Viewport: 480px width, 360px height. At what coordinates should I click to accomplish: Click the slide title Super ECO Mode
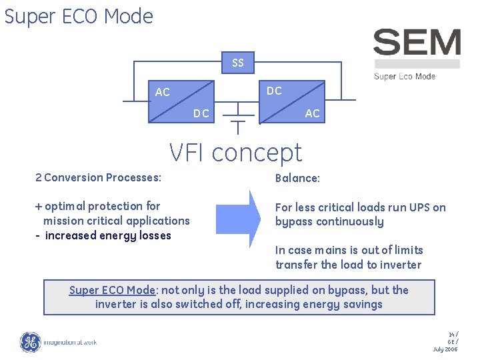tap(79, 16)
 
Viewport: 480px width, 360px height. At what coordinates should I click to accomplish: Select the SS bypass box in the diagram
tap(238, 63)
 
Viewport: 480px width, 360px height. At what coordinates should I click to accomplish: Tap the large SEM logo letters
tap(417, 43)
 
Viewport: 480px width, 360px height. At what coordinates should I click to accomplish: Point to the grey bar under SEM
tap(417, 64)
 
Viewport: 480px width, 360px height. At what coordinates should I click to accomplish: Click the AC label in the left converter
tap(163, 93)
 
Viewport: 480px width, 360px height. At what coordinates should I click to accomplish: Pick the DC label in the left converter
tap(201, 113)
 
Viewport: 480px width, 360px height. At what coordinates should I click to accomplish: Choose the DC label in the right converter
tap(274, 91)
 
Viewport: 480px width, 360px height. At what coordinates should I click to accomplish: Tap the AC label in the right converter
tap(312, 113)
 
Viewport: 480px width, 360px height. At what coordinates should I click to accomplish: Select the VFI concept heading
tap(235, 153)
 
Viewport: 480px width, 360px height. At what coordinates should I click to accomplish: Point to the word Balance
tap(297, 179)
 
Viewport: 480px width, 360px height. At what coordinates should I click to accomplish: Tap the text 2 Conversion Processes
tap(98, 177)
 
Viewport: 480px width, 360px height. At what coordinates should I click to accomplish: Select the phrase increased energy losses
tap(108, 235)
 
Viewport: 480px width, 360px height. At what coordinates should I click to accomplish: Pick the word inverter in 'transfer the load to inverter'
tap(400, 265)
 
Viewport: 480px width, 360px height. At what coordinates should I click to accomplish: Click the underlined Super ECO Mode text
tap(112, 290)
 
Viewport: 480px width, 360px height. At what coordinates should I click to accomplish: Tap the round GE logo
tap(31, 342)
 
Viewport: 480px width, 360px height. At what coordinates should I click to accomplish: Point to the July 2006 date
tap(445, 349)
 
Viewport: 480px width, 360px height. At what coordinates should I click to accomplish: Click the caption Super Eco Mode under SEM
tap(405, 76)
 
